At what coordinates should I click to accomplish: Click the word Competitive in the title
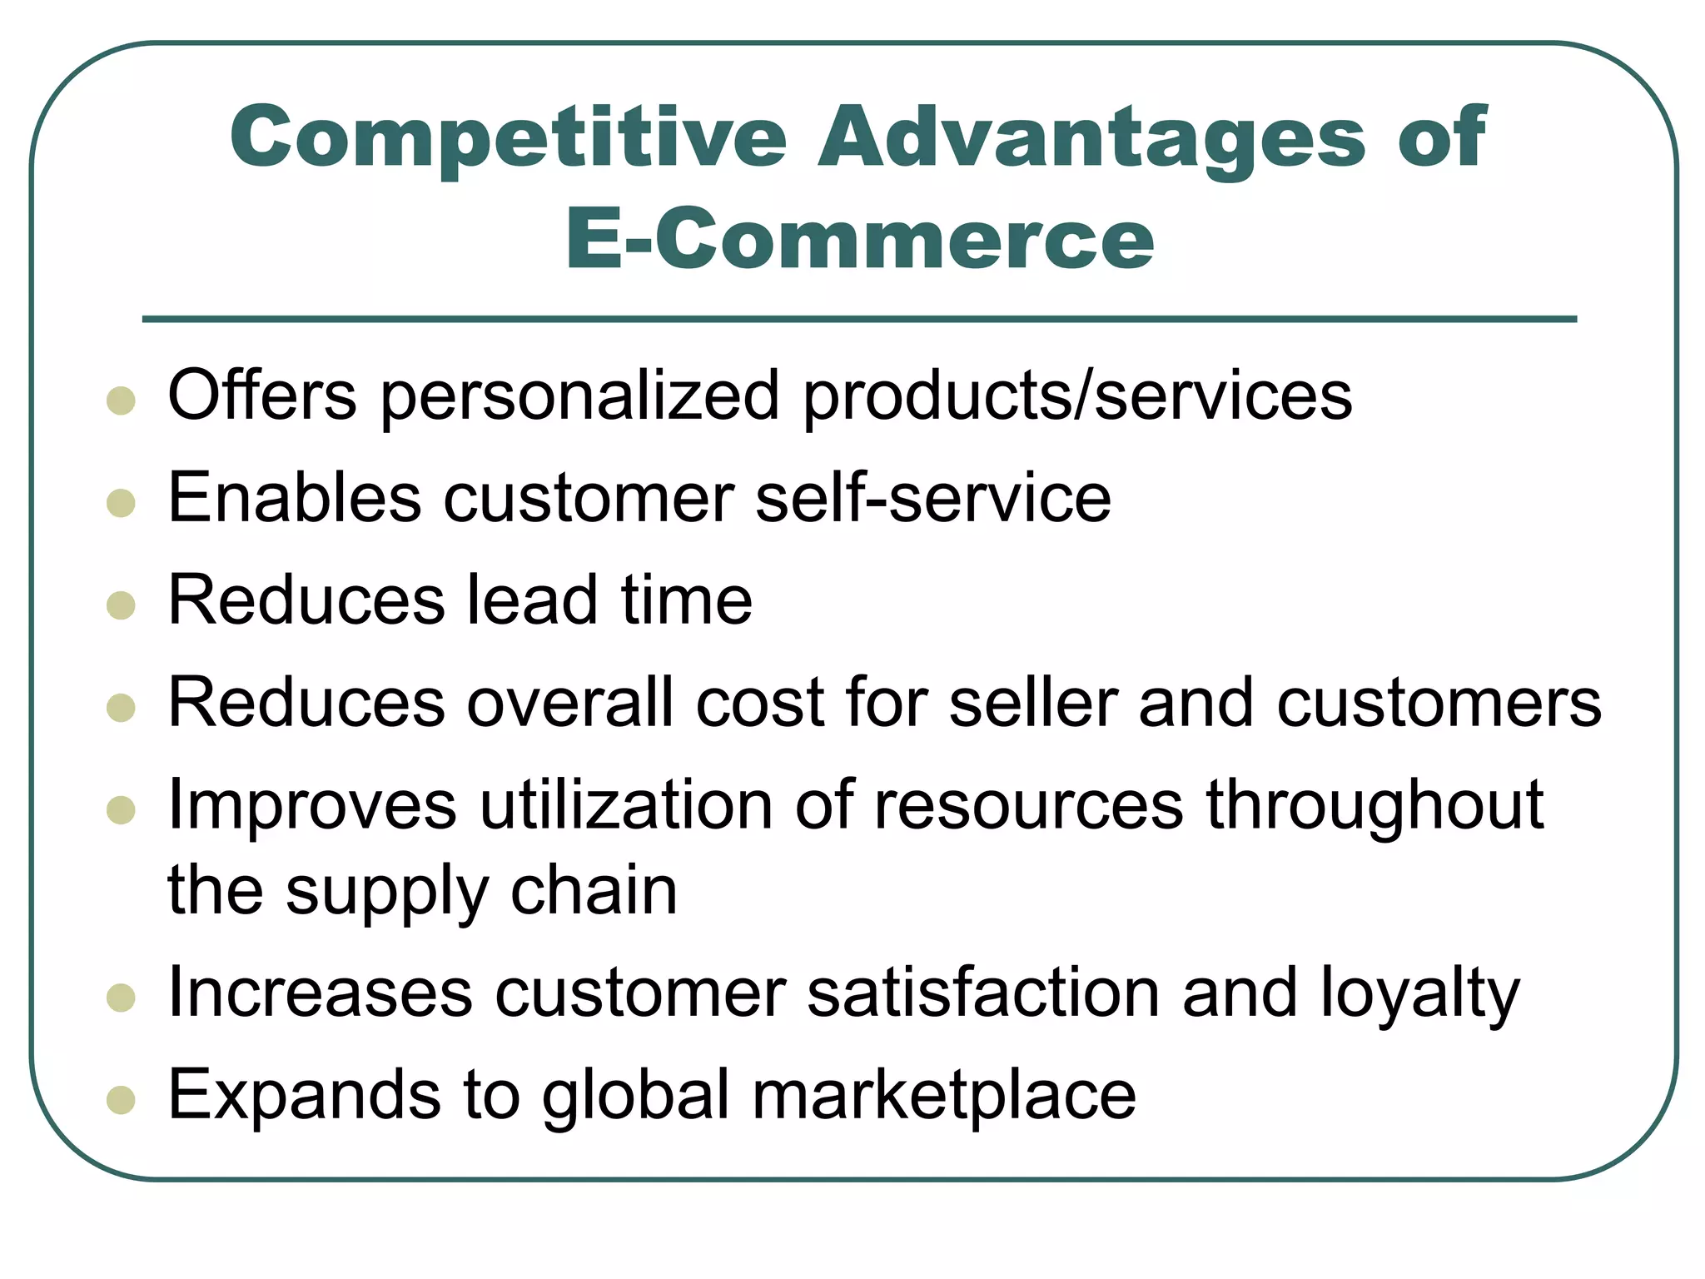click(508, 137)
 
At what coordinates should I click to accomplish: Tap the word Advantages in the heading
click(1091, 137)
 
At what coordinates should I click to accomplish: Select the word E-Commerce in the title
click(859, 240)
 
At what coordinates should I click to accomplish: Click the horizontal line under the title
click(859, 319)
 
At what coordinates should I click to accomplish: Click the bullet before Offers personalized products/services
click(122, 401)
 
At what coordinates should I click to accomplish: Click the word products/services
click(1077, 396)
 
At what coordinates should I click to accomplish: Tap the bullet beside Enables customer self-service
click(122, 503)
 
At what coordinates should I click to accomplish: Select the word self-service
click(932, 498)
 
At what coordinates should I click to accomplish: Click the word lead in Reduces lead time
click(532, 600)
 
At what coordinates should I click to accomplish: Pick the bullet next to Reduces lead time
click(122, 605)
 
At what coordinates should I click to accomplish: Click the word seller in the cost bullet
click(1033, 703)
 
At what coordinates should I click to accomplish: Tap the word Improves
click(312, 806)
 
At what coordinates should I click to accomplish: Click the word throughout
click(1374, 806)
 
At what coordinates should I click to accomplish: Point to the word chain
click(594, 891)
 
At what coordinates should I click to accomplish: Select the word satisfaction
click(983, 993)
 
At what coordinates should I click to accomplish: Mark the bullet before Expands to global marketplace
click(122, 1099)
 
